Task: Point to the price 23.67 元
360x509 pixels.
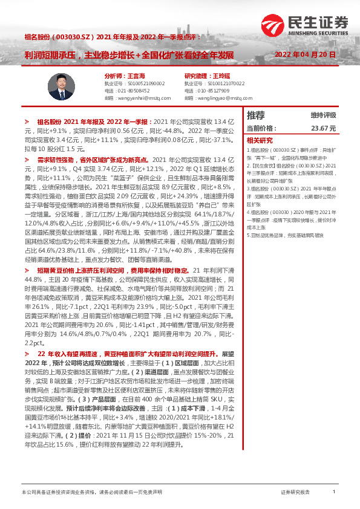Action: (323, 128)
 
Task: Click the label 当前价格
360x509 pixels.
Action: (261, 128)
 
